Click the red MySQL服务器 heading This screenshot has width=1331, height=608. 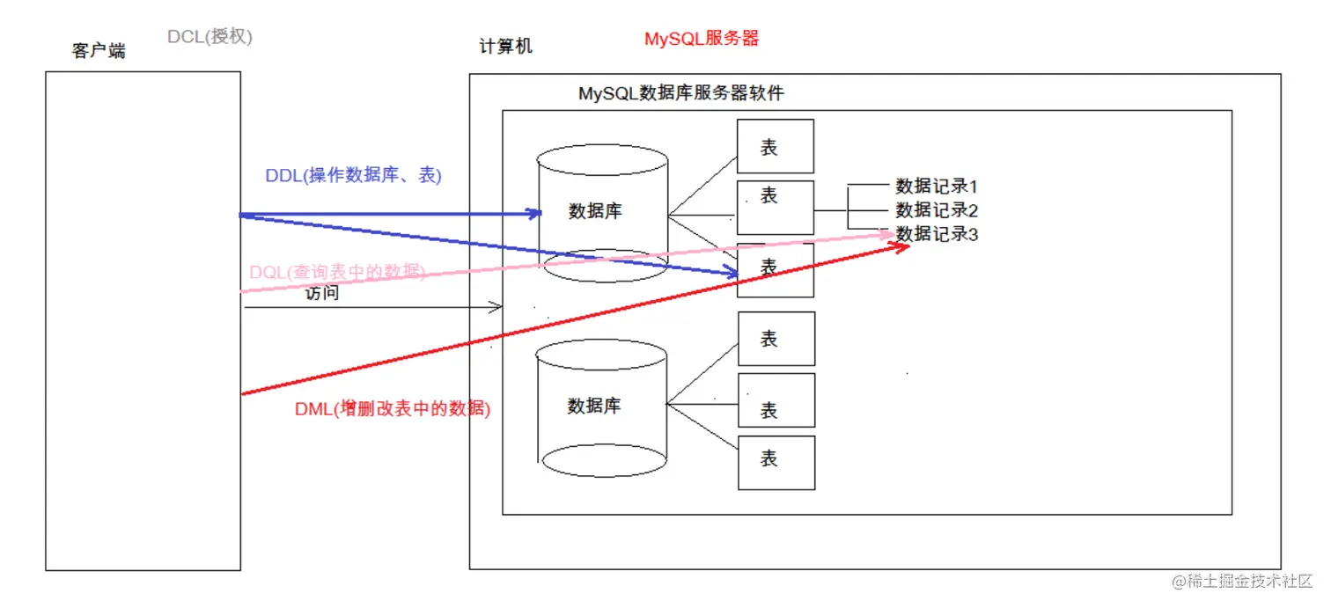pyautogui.click(x=701, y=39)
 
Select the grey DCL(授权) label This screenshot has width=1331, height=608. pyautogui.click(x=210, y=37)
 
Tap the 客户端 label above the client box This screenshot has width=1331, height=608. pyautogui.click(x=98, y=51)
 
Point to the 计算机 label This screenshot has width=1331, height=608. pyautogui.click(x=505, y=47)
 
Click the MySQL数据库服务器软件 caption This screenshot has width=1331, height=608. pyautogui.click(x=680, y=92)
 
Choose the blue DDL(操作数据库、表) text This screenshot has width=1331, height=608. pyautogui.click(x=353, y=175)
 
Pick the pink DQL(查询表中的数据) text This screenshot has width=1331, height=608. pyautogui.click(x=337, y=273)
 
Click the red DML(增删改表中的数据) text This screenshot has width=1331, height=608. pyautogui.click(x=392, y=408)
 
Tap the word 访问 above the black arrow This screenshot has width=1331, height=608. pyautogui.click(x=322, y=294)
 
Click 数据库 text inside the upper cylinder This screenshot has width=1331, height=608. pyautogui.click(x=595, y=211)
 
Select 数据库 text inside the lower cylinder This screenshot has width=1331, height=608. pyautogui.click(x=594, y=406)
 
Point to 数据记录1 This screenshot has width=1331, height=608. pyautogui.click(x=937, y=187)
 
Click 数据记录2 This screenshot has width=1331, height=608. pyautogui.click(x=937, y=210)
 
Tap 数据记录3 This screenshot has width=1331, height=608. pyautogui.click(x=937, y=234)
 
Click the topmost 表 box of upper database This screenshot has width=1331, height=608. pyautogui.click(x=775, y=146)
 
